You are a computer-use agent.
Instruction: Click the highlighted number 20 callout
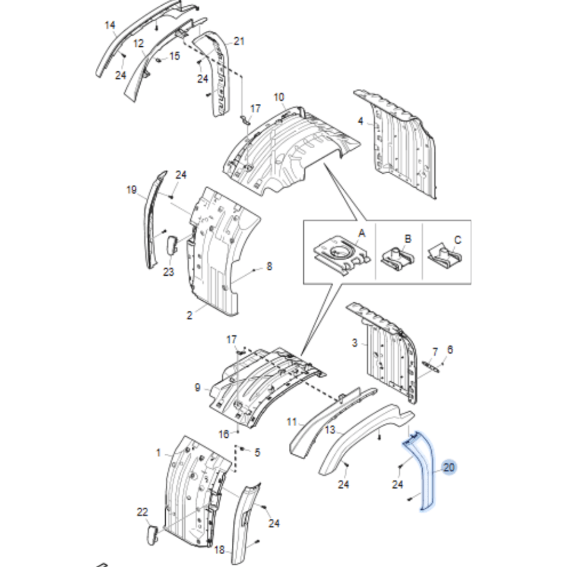coord(449,467)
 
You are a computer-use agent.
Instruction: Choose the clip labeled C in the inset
coord(444,256)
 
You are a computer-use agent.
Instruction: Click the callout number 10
coord(279,97)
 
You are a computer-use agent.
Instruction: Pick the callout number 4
coord(360,121)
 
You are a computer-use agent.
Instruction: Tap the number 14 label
coord(110,25)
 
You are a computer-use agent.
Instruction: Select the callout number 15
coord(175,56)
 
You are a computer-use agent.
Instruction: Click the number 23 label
coord(169,271)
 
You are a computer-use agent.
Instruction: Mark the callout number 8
coord(269,266)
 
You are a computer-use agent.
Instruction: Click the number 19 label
coord(132,190)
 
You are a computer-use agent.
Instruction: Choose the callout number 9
coord(198,387)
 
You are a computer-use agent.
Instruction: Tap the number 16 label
coord(224,434)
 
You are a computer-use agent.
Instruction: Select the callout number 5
coord(257,452)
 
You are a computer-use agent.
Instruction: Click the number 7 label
coord(435,352)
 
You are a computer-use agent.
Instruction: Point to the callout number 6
coord(450,349)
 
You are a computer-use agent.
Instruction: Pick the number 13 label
coord(330,430)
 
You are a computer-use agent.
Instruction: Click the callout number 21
coord(239,41)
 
